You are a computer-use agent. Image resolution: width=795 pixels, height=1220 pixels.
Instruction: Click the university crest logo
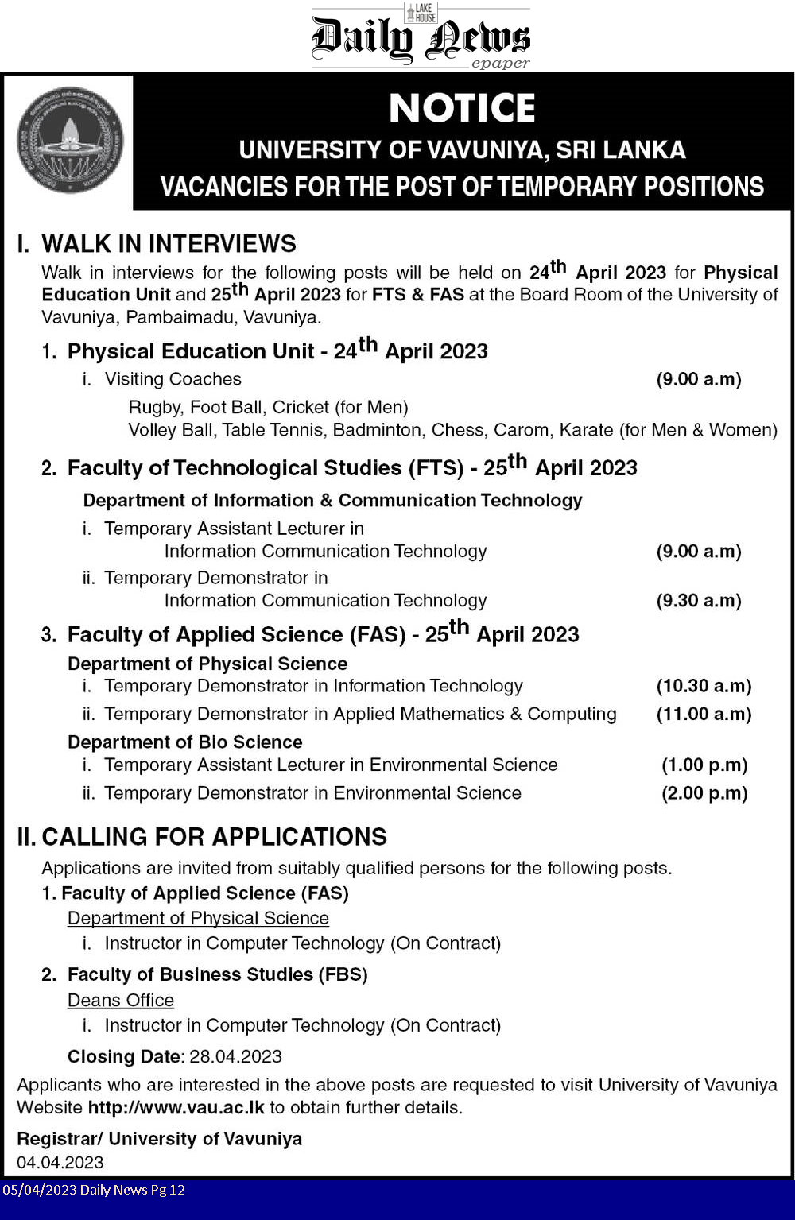(x=70, y=140)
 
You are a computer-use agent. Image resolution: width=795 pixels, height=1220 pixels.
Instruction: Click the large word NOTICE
(x=462, y=108)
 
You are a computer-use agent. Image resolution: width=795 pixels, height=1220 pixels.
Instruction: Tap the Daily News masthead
(x=421, y=38)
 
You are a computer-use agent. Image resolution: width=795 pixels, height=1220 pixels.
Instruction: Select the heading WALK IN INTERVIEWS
(x=169, y=243)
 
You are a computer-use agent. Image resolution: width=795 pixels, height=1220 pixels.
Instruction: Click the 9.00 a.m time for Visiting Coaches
(x=698, y=379)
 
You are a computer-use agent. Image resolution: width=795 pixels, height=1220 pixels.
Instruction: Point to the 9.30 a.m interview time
(x=698, y=601)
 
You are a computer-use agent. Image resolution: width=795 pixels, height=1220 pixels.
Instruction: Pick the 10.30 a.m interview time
(x=703, y=686)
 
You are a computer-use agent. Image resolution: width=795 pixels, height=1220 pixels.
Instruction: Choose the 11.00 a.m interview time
(x=703, y=714)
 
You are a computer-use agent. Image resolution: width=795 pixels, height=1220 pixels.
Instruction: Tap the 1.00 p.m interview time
(x=704, y=765)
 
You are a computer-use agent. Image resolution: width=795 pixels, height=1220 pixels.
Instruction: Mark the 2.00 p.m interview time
(x=704, y=793)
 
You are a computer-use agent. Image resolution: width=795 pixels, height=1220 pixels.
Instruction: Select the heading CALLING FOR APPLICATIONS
(x=214, y=836)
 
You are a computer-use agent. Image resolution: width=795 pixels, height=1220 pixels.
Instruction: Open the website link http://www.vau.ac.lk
(x=176, y=1107)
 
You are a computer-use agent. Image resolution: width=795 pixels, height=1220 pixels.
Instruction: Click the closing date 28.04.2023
(x=235, y=1056)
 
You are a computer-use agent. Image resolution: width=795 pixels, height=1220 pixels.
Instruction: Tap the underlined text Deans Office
(x=120, y=1000)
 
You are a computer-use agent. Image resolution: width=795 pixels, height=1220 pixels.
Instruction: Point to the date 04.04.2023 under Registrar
(x=60, y=1162)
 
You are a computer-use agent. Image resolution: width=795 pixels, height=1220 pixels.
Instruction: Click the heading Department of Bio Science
(x=184, y=742)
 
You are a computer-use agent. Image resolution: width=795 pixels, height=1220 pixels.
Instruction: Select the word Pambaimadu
(x=176, y=317)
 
